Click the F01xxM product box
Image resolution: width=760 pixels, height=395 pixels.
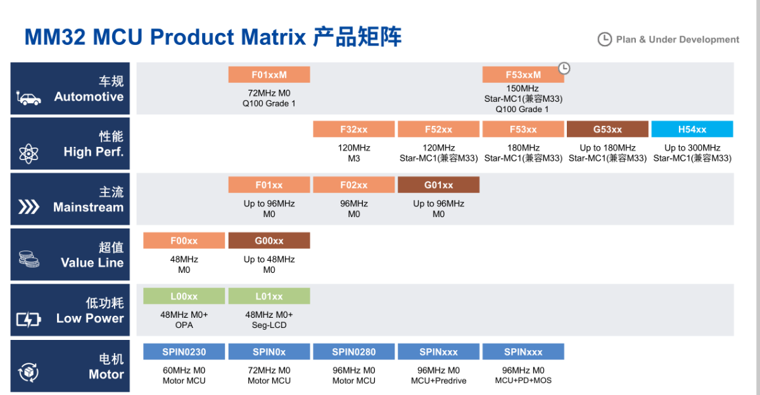pos(269,75)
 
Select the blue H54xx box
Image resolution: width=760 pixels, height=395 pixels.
pos(692,129)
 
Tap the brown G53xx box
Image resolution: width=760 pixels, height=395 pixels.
pos(607,129)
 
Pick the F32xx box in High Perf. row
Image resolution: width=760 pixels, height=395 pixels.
pos(354,129)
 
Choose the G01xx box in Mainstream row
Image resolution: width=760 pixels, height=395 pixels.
pos(438,185)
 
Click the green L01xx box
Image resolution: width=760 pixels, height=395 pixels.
pos(269,296)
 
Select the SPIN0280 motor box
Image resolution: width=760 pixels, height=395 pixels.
pos(354,352)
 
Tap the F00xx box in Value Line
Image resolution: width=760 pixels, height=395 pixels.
pos(184,241)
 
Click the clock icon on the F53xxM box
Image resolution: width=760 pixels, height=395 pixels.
pos(564,68)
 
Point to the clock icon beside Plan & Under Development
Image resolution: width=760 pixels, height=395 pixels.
pos(605,39)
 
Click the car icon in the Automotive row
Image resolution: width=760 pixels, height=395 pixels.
pos(29,98)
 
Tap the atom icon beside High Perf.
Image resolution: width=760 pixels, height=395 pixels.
pos(28,153)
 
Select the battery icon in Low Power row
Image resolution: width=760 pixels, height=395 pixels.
pos(28,320)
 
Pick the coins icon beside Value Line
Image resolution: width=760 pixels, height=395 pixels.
pos(28,260)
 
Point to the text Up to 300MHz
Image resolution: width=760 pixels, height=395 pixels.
pos(692,148)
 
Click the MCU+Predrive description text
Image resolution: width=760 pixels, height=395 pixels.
pos(438,380)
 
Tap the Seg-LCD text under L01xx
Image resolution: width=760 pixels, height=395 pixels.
pos(269,325)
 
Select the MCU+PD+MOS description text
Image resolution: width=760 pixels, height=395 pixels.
pos(523,380)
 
